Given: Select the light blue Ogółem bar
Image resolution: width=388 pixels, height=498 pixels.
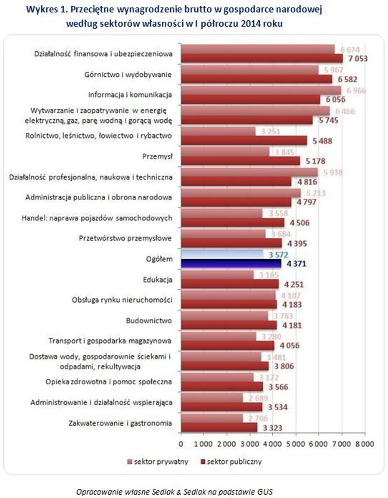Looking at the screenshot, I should click(x=222, y=254).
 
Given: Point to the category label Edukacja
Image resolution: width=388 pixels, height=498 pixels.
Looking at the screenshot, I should click(x=158, y=279).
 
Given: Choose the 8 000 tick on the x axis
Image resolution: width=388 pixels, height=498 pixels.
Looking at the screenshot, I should click(x=364, y=443).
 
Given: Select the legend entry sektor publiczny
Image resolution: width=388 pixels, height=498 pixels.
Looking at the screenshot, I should click(x=234, y=461).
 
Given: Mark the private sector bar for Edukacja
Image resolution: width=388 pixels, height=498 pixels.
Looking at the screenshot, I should click(x=217, y=275).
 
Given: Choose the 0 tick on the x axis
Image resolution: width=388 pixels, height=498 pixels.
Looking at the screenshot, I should click(x=181, y=443).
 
